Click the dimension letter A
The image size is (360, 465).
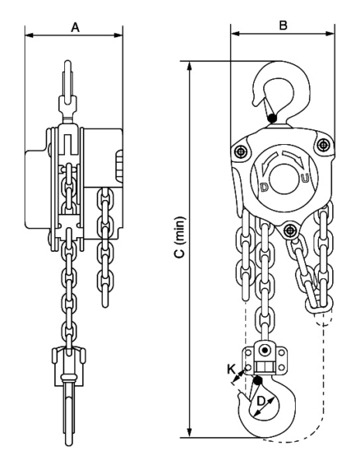pos(75,27)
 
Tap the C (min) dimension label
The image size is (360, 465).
pos(180,246)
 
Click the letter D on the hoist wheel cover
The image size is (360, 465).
pos(265,188)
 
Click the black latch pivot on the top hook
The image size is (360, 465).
pos(273,118)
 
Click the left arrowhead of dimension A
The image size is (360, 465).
pos(28,34)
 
